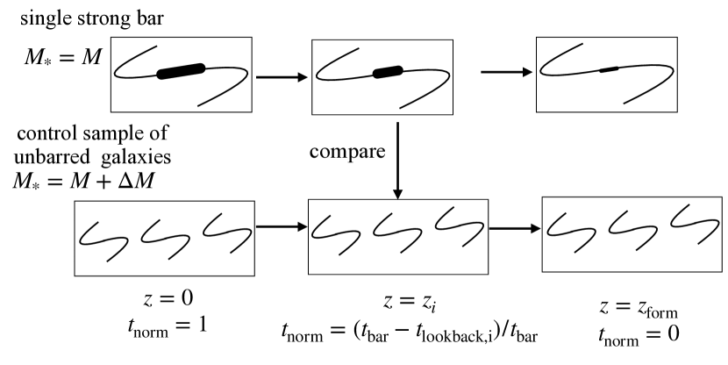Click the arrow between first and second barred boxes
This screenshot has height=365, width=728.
pyautogui.click(x=281, y=76)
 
